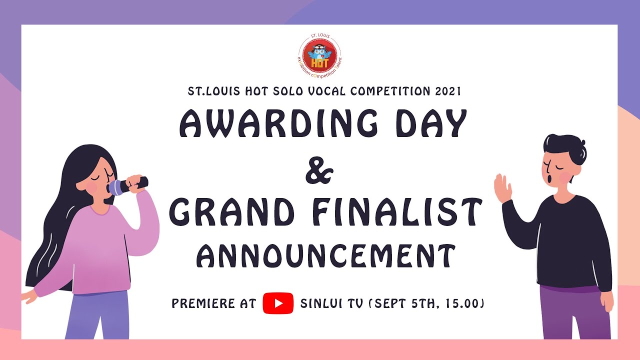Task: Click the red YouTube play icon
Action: coord(278,303)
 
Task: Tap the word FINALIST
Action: coord(395,212)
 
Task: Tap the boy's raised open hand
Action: coord(503,188)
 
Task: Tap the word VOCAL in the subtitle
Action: coord(327,91)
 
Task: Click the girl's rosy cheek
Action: coord(92,186)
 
